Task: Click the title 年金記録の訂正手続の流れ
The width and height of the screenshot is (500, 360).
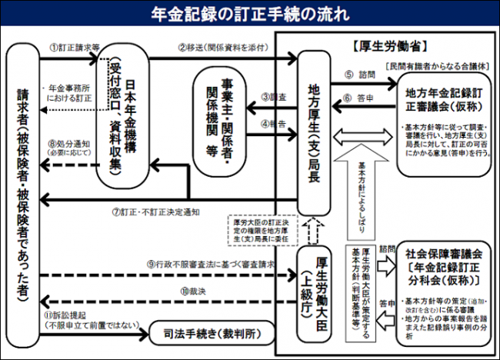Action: click(249, 12)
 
